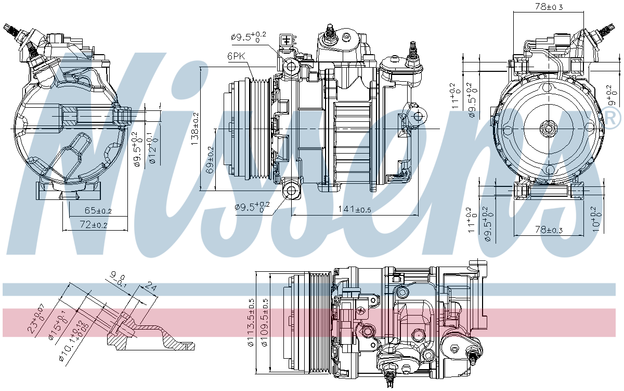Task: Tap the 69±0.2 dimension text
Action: pos(210,160)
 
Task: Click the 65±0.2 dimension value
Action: pos(98,211)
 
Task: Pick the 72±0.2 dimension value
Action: pos(94,224)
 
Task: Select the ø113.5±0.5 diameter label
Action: pos(251,322)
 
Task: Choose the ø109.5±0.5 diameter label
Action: pos(265,322)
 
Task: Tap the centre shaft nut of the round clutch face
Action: pos(547,128)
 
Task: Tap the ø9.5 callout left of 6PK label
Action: pos(249,37)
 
